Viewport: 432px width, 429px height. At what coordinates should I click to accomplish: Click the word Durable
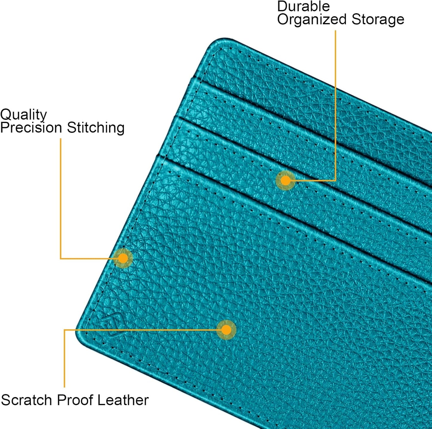(303, 6)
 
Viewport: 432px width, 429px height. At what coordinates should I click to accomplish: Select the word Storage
(378, 20)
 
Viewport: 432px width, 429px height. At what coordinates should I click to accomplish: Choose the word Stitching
(96, 128)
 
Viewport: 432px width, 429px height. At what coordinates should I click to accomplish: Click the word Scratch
(27, 400)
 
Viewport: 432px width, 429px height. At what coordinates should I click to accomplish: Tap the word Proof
(75, 400)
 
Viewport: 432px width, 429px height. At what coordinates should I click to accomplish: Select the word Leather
(123, 400)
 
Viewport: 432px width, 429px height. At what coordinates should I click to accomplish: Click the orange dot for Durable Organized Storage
(286, 180)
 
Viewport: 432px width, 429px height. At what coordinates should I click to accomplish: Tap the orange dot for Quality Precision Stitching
(123, 258)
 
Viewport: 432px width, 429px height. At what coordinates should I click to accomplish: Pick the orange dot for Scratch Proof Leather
(226, 330)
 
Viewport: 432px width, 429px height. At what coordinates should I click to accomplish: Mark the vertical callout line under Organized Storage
(335, 105)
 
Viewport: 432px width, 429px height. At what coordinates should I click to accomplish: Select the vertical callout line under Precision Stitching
(60, 198)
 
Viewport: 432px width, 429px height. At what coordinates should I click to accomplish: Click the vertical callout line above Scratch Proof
(64, 358)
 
